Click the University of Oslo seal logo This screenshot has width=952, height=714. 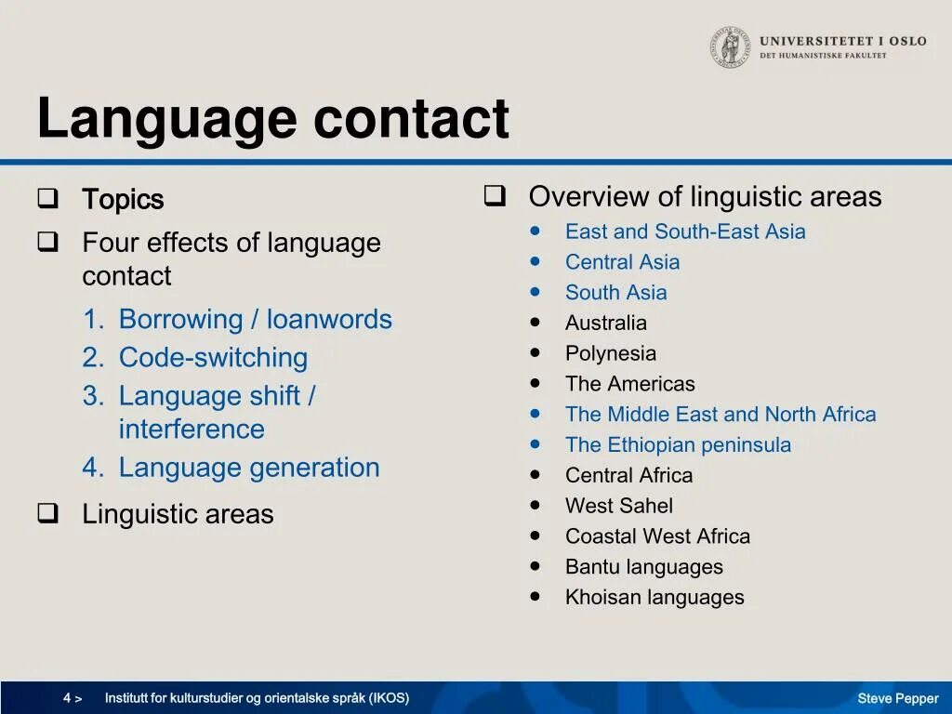[731, 47]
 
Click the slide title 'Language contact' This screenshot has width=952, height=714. [272, 119]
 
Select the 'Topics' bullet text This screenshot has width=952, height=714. [123, 200]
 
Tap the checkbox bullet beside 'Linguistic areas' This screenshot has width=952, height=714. [47, 513]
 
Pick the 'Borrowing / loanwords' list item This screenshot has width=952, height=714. [255, 319]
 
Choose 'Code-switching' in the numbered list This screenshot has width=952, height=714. [213, 357]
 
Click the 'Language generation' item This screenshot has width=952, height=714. [249, 467]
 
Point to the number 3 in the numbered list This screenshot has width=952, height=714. [92, 396]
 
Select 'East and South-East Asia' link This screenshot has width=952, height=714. [685, 231]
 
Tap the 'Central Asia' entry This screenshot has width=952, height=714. [622, 262]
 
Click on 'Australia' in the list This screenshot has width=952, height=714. [605, 324]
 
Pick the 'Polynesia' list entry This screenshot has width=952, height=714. [610, 353]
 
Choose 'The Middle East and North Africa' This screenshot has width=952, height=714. [721, 415]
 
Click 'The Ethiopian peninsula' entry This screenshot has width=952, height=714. [678, 445]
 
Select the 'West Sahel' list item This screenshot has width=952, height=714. [618, 506]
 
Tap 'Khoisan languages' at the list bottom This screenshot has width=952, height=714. [654, 598]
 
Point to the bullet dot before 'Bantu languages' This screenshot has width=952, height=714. [535, 566]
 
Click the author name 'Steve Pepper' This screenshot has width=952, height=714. [897, 699]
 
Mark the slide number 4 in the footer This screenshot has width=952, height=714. [68, 698]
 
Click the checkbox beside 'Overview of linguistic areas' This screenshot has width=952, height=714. [494, 196]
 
